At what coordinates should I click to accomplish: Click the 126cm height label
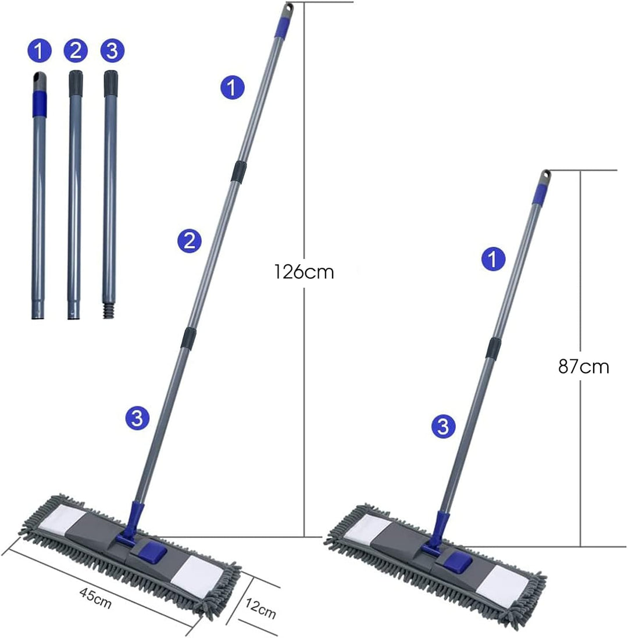[x=304, y=272]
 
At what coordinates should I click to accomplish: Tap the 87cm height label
[x=584, y=367]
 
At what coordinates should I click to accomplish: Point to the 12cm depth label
[x=261, y=608]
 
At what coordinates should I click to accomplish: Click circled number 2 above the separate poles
[x=76, y=51]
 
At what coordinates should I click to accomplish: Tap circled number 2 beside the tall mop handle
[x=190, y=241]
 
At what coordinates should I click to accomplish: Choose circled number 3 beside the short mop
[x=443, y=427]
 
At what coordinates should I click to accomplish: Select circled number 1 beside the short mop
[x=494, y=259]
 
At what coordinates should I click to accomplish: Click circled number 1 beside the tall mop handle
[x=233, y=87]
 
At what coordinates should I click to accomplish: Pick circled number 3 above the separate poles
[x=112, y=51]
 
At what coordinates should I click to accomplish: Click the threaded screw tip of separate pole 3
[x=108, y=310]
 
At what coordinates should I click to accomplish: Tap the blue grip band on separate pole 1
[x=39, y=104]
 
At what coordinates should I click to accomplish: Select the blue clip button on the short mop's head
[x=458, y=562]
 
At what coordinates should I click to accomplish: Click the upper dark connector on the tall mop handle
[x=238, y=171]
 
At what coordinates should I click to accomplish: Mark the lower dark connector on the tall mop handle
[x=188, y=338]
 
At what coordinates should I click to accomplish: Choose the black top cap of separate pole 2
[x=76, y=83]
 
